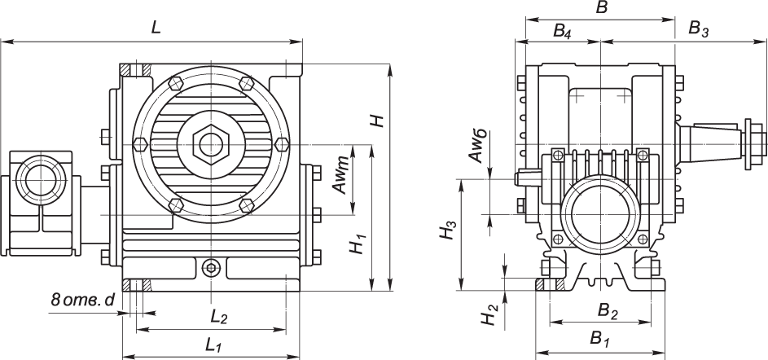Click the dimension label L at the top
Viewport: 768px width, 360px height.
[x=156, y=27]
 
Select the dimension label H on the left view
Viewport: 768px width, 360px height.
[x=376, y=120]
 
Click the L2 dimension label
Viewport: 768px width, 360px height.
[x=218, y=316]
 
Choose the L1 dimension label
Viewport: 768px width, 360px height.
[x=213, y=345]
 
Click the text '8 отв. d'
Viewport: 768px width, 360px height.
[x=82, y=300]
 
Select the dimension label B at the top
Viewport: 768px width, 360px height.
[x=603, y=8]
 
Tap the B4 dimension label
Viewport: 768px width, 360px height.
[x=562, y=31]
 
